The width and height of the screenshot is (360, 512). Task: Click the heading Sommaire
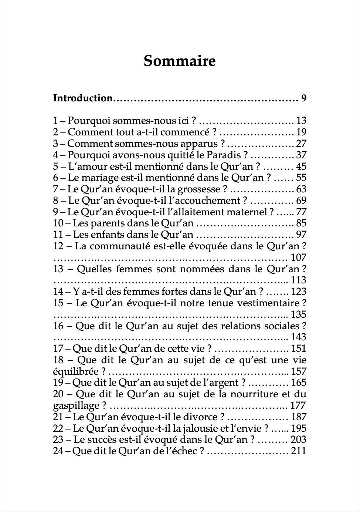point(180,61)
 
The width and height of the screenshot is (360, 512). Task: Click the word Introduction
point(82,98)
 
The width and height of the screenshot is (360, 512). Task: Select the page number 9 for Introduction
point(303,98)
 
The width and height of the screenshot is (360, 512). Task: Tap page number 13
point(301,121)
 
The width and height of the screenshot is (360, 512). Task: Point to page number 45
point(301,166)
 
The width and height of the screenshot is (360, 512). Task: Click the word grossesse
point(199,189)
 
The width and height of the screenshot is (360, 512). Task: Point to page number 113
point(299,280)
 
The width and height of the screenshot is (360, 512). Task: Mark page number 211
point(299,451)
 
